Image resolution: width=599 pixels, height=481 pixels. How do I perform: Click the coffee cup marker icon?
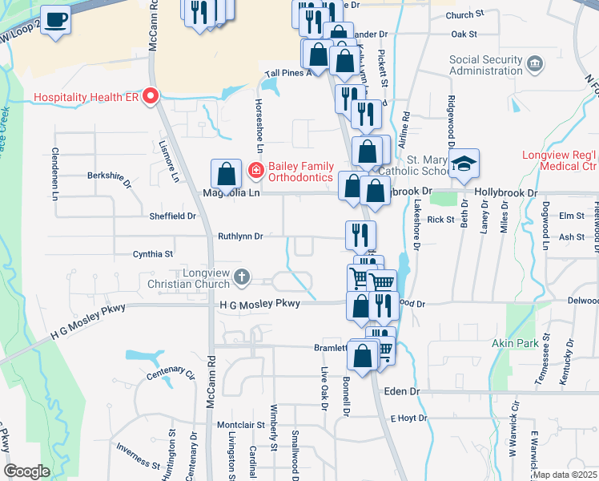coord(55,19)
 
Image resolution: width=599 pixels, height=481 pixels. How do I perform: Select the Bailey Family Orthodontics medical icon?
coord(255,170)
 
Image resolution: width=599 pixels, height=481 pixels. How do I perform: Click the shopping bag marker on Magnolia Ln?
coord(227,174)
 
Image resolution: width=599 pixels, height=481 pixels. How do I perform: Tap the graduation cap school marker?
coord(464,164)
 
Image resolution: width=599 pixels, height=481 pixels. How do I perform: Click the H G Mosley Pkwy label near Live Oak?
coord(254,304)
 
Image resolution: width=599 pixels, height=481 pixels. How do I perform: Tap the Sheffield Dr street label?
coord(173,216)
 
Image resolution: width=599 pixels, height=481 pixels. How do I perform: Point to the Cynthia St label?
coord(153,254)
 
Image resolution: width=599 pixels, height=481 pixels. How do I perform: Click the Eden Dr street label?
coord(402,390)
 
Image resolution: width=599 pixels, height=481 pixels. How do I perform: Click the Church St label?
coord(466,14)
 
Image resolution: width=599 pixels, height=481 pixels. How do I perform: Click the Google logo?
coord(26,471)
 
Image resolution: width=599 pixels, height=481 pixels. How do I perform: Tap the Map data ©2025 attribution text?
coord(565,475)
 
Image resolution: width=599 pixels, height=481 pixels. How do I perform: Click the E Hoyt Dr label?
coord(411,418)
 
